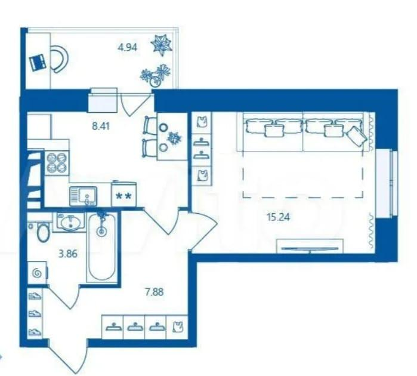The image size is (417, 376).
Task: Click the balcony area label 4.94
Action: pyautogui.click(x=128, y=48)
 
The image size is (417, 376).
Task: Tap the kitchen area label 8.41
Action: pyautogui.click(x=101, y=126)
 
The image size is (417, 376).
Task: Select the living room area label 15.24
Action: pyautogui.click(x=279, y=217)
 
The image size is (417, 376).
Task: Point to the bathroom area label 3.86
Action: pyautogui.click(x=68, y=254)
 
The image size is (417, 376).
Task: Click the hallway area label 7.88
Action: pyautogui.click(x=154, y=292)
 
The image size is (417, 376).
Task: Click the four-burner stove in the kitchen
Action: pyautogui.click(x=57, y=162)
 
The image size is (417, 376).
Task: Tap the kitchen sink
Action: pyautogui.click(x=84, y=196)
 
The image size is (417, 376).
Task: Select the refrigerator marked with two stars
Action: pyautogui.click(x=124, y=194)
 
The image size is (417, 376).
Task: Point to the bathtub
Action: pyautogui.click(x=102, y=247)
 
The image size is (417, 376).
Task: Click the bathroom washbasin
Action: pyautogui.click(x=70, y=223)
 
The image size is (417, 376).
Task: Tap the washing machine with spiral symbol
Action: pyautogui.click(x=38, y=273)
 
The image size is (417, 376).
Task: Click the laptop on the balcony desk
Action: pyautogui.click(x=38, y=62)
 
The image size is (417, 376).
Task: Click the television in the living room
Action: pyautogui.click(x=310, y=249)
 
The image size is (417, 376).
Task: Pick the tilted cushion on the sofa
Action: pyautogui.click(x=357, y=136)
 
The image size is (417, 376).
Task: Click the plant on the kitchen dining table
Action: pyautogui.click(x=174, y=138)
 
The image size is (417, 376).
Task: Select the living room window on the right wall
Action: pyautogui.click(x=387, y=184)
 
